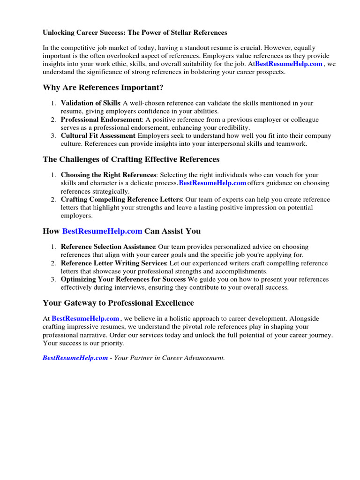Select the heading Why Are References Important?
pos(103,88)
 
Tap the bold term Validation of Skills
pos(90,103)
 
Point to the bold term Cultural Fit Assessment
pos(98,136)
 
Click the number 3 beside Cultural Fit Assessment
pos(53,136)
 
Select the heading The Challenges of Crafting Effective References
pos(131,159)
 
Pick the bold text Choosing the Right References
pos(108,175)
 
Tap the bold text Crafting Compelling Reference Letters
pos(121,200)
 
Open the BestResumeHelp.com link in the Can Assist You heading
pos(102,231)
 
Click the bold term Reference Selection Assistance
pos(108,247)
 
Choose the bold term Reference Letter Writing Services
pos(114,263)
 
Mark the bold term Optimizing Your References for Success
pos(123,279)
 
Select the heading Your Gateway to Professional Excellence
pos(118,303)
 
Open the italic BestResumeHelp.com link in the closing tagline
pos(75,358)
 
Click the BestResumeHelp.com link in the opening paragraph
pos(289,64)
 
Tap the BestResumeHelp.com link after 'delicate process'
pos(212,183)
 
